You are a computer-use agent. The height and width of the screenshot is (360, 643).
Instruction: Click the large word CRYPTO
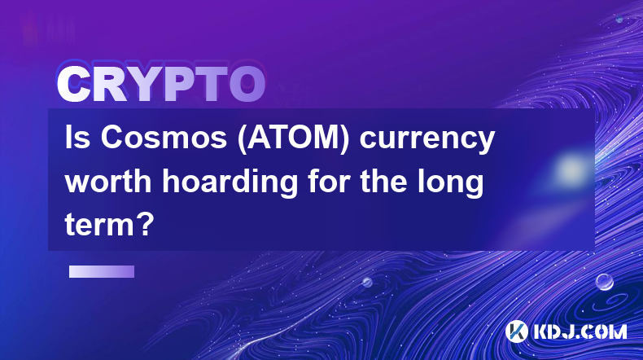[x=161, y=84]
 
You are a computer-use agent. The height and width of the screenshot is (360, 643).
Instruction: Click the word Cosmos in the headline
[x=164, y=138]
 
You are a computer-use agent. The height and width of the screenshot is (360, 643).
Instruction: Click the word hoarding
[x=230, y=183]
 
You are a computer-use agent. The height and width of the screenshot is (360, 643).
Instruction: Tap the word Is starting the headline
[x=77, y=138]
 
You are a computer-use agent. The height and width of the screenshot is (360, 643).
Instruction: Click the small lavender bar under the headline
[x=102, y=271]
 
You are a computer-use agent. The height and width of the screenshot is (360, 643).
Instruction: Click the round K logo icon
[x=516, y=331]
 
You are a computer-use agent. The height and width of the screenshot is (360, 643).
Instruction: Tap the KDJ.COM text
[x=580, y=331]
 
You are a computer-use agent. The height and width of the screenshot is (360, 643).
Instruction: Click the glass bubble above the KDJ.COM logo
[x=604, y=282]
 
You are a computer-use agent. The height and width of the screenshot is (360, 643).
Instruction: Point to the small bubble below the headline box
[x=366, y=282]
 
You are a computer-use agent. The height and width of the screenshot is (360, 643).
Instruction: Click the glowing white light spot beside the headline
[x=571, y=169]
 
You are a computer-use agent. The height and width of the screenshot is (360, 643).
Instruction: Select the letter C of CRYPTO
[x=74, y=84]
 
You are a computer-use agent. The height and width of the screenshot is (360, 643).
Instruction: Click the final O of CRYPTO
[x=247, y=84]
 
